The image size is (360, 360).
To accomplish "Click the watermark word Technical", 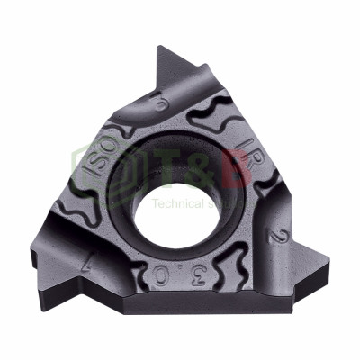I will coord(176,203).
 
